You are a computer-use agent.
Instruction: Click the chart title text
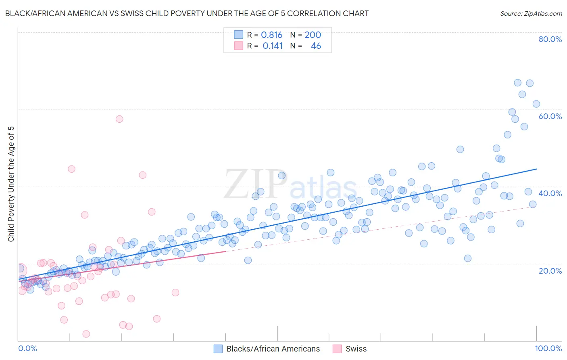coord(187,13)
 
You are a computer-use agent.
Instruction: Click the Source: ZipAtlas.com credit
coord(531,13)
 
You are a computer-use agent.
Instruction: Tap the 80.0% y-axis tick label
coord(550,39)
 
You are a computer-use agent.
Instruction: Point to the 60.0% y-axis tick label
coord(550,116)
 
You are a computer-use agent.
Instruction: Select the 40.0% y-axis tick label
coord(550,193)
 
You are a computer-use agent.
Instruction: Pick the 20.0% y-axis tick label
coord(550,270)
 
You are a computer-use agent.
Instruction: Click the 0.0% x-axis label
coord(27,348)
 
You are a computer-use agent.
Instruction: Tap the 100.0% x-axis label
coord(548,348)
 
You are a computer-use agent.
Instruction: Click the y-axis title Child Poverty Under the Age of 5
coord(11,184)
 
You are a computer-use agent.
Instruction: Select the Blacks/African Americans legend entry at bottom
coord(273,349)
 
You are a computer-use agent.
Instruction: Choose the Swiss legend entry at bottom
coord(356,349)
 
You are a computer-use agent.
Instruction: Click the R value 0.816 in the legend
coord(271,35)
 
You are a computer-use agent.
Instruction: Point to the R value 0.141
coord(273,46)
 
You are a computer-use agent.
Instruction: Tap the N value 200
coord(313,35)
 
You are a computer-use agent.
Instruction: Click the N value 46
coord(316,46)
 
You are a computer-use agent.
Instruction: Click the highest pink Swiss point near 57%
coord(119,119)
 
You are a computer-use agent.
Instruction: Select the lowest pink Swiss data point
coord(86,334)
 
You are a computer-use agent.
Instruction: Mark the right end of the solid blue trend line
coord(536,169)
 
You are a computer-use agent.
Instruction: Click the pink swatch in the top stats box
coord(239,46)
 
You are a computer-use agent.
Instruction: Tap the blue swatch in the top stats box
coord(239,35)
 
